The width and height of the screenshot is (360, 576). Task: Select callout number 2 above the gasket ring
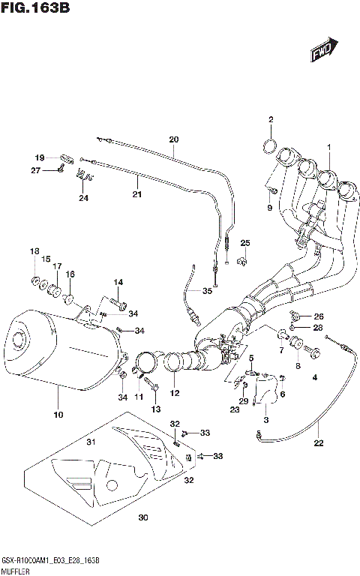[x=271, y=120]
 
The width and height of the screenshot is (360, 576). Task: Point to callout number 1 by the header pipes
[x=328, y=146]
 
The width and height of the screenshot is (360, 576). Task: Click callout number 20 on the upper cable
[x=174, y=139]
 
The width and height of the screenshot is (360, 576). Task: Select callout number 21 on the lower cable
[x=136, y=194]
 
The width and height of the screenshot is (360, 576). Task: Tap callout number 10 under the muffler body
[x=58, y=415]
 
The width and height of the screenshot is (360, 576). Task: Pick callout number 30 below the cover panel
[x=143, y=517]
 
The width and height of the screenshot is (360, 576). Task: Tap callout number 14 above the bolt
[x=118, y=282]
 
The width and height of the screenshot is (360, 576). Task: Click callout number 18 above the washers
[x=34, y=250]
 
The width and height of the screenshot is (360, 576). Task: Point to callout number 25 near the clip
[x=244, y=242]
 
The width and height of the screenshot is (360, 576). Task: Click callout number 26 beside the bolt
[x=318, y=316]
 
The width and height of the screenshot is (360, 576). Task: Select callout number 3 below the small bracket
[x=265, y=418]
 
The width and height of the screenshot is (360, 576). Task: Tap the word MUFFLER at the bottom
[x=16, y=569]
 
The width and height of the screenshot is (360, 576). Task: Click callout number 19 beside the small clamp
[x=40, y=157]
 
